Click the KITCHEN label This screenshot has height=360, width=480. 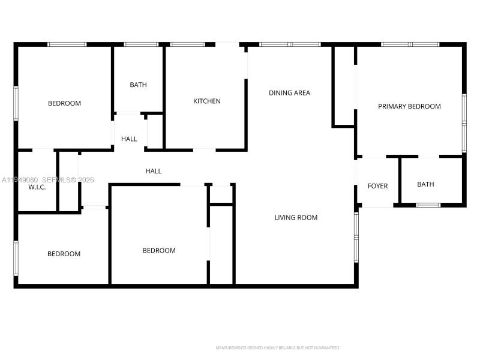point(206,101)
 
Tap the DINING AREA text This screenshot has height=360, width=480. point(289,93)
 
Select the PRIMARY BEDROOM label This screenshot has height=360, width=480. point(409,106)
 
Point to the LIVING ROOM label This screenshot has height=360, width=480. point(296,217)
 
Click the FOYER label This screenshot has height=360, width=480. point(377,186)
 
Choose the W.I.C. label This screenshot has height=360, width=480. point(37,187)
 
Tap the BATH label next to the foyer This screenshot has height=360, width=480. point(425,184)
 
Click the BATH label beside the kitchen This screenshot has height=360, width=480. point(138,85)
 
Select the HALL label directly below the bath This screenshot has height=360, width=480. point(129,139)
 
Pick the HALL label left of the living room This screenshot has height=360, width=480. point(154,171)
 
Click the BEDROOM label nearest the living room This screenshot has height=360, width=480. point(159,250)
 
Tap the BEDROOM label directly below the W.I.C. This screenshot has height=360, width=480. point(64,254)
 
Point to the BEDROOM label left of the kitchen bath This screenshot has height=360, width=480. point(64,103)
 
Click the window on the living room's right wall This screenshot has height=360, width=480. point(356,237)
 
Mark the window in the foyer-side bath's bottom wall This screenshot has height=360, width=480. point(428,205)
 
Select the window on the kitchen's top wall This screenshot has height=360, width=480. point(187,44)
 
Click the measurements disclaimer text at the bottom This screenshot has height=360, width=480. point(278,347)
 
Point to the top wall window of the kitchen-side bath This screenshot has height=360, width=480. point(141,44)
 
